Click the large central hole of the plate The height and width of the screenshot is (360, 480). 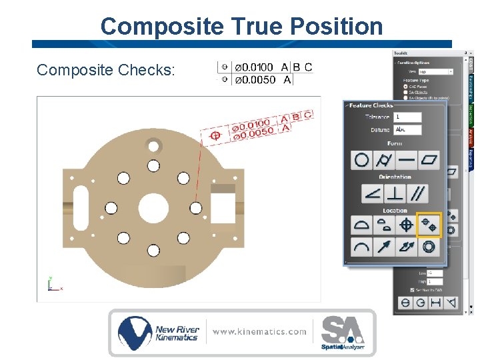(153, 208)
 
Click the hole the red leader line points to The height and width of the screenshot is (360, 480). (195, 208)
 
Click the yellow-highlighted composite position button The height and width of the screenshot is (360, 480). (429, 225)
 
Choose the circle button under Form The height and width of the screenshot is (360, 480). (361, 160)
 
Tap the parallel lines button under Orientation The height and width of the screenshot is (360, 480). (419, 193)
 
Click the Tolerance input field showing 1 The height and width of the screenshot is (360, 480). (408, 117)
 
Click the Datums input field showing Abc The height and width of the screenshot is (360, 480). (408, 129)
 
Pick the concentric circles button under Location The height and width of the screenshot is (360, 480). (429, 247)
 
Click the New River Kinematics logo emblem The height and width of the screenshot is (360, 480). (135, 332)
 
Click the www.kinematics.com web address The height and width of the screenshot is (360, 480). (260, 331)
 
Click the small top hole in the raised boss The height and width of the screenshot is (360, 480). (153, 145)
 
